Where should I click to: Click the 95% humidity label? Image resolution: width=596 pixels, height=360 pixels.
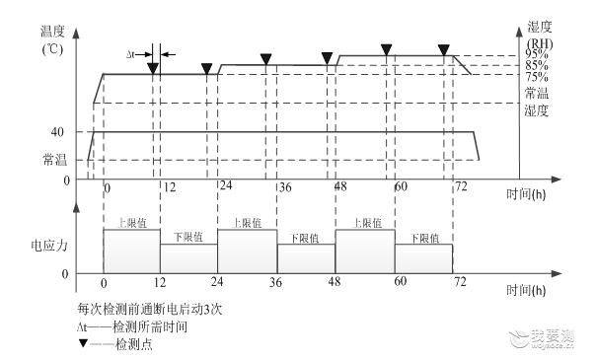click(x=537, y=54)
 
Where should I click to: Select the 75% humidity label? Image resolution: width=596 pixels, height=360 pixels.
click(x=537, y=77)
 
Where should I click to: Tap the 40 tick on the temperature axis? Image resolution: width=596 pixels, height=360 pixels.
click(x=57, y=132)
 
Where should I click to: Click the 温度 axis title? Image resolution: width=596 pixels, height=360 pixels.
click(x=52, y=32)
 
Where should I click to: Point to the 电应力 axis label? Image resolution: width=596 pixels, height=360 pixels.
click(x=49, y=246)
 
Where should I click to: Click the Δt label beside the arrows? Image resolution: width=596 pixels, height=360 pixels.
click(x=130, y=54)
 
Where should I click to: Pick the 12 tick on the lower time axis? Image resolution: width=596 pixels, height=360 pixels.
click(x=160, y=282)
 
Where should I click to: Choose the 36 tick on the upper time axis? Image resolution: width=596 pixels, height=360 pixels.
click(x=285, y=187)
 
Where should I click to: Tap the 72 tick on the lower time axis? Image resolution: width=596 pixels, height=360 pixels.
click(x=460, y=282)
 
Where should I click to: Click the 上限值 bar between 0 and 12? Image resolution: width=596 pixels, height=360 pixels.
click(x=131, y=251)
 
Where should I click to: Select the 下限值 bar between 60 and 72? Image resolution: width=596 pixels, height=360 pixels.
click(x=424, y=258)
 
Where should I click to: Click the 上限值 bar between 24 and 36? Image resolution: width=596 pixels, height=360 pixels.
click(x=247, y=251)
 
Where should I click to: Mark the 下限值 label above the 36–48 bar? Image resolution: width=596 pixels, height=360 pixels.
click(x=305, y=238)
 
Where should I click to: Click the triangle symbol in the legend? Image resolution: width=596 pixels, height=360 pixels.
click(x=83, y=343)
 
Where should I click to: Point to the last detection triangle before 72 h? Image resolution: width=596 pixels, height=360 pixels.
click(x=444, y=49)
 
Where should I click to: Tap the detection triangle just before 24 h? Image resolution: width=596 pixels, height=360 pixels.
click(x=206, y=69)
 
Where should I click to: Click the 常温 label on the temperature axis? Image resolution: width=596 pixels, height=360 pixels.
click(x=54, y=160)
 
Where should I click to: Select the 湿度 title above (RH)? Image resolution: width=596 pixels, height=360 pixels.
click(x=540, y=27)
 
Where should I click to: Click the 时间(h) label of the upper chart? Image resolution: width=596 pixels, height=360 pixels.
click(x=526, y=194)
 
